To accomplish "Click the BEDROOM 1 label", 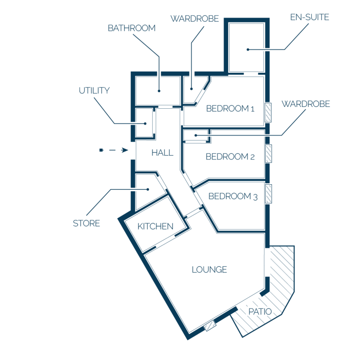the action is pos(230,108).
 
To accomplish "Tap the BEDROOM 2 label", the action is pos(230,157).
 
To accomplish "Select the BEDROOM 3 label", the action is pos(233,196).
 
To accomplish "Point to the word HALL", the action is pos(162,153).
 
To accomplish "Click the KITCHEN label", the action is pos(156,226).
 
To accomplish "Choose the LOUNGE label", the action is pos(210,270).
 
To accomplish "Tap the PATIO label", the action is pos(260,312).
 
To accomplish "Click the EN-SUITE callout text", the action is pos(309,17).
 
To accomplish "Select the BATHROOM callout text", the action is pos(132,28).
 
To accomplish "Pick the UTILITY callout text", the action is pos(94,90).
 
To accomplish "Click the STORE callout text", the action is pos(86,223).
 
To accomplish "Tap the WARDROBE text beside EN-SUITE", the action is pos(195,19).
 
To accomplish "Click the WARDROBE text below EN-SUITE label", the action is pos(306,104).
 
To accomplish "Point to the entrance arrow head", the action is pos(125,150).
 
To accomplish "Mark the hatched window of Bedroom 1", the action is pos(268,112).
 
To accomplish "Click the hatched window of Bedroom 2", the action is pos(269,154).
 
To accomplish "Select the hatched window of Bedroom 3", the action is pos(269,194).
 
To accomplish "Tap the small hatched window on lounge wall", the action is pos(210,326).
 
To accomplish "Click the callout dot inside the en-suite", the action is pos(247,49).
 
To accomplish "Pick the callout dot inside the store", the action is pos(148,189).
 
